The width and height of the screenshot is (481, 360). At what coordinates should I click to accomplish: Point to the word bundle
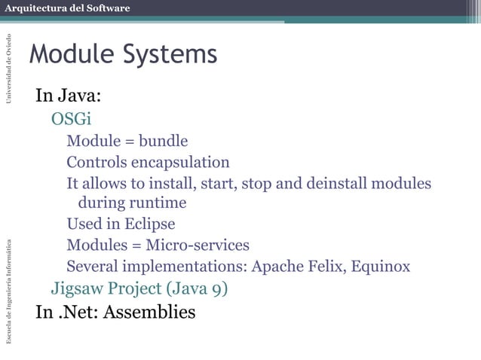[x=163, y=141]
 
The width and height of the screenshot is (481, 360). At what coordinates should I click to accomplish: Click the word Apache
[x=277, y=266]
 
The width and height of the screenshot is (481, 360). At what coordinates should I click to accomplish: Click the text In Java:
[x=69, y=96]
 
